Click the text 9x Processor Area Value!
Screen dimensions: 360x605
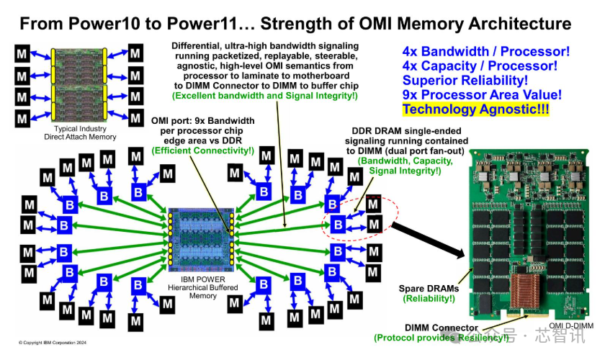pos(482,94)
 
